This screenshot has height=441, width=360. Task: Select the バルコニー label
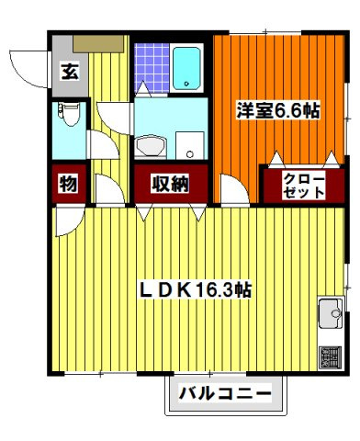tap(224, 395)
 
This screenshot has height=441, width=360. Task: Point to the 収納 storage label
tap(170, 184)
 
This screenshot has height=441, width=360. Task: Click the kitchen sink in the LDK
tap(329, 316)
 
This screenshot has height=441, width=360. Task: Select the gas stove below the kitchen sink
tap(329, 357)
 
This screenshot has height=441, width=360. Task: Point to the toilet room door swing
tap(97, 147)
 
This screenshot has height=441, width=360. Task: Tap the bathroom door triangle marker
tap(145, 90)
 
